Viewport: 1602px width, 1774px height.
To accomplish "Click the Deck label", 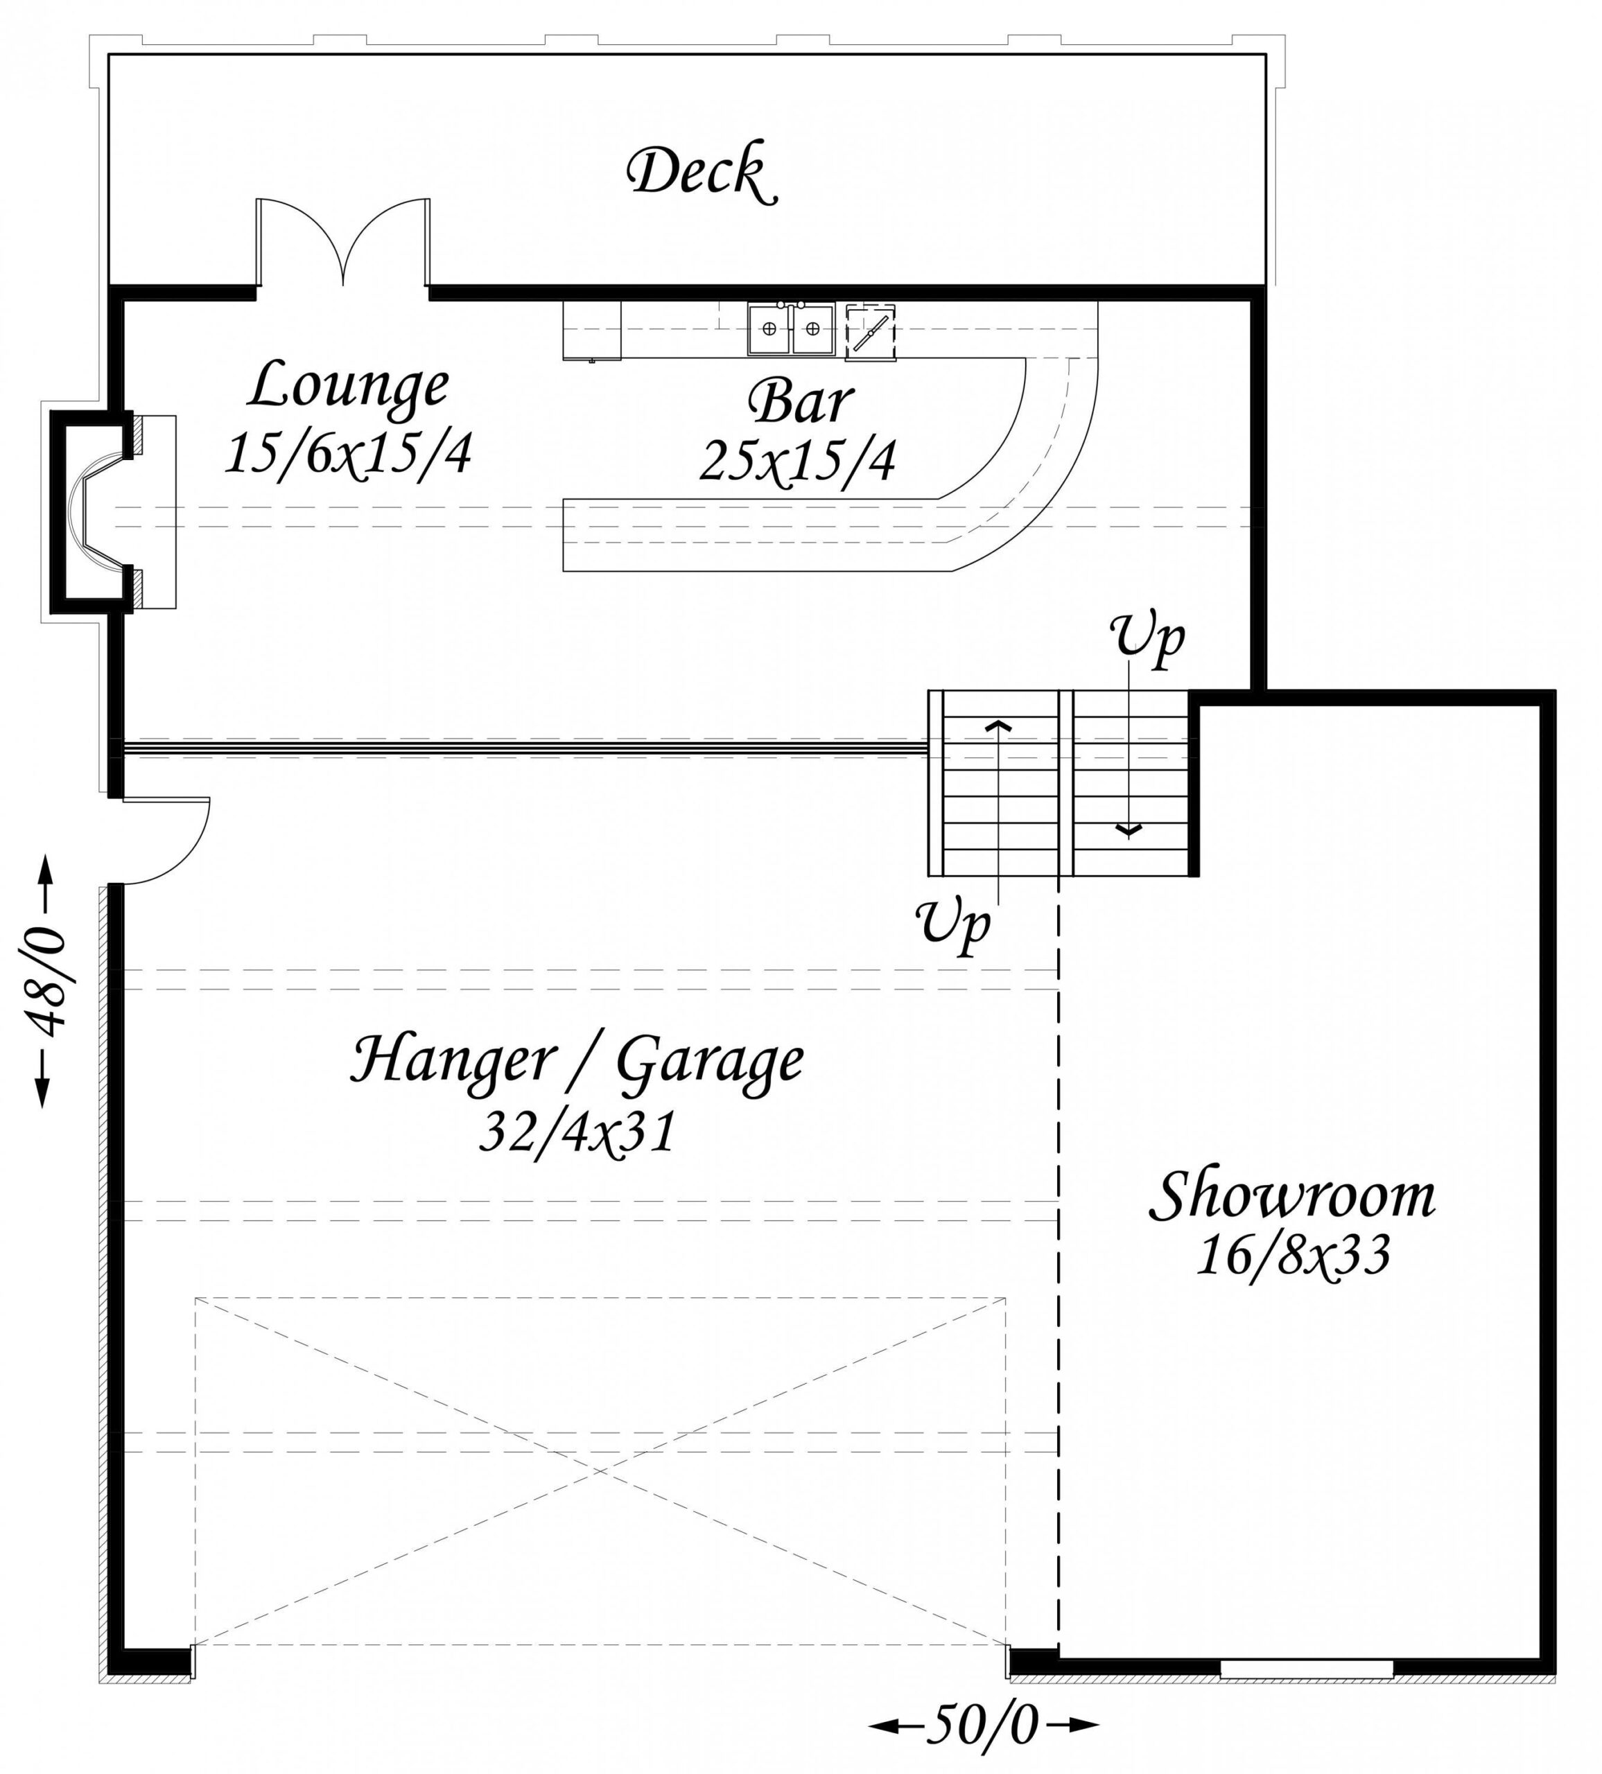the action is click(x=702, y=174).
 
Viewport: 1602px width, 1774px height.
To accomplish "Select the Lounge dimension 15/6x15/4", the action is click(x=349, y=454).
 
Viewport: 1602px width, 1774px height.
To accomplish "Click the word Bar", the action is click(x=799, y=402).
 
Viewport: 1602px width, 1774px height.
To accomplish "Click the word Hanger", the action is click(x=461, y=1060).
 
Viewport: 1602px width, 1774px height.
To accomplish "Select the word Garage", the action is click(x=709, y=1063).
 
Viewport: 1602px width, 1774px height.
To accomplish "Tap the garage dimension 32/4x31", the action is click(x=577, y=1131).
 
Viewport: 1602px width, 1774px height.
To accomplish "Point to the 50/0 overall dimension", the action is click(x=983, y=1725).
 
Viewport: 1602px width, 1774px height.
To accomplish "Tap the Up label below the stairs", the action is click(x=954, y=924).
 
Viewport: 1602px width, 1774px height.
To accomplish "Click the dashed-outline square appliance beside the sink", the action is click(x=871, y=333).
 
